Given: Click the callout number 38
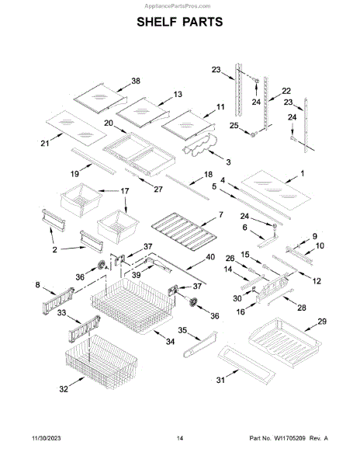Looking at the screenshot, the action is pos(136,81).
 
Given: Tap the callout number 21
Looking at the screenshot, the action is pos(45,144).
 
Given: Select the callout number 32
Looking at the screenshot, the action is pos(64,389).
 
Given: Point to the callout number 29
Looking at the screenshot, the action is pos(322,322).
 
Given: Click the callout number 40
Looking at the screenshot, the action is pos(210,257).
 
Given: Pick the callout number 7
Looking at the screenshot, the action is pos(221,214).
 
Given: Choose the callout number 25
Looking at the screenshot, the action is pos(234,125).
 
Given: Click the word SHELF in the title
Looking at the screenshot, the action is pos(156,22).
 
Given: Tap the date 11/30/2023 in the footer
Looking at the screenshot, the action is pos(46,438).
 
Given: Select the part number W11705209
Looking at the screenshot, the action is pos(289,438).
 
